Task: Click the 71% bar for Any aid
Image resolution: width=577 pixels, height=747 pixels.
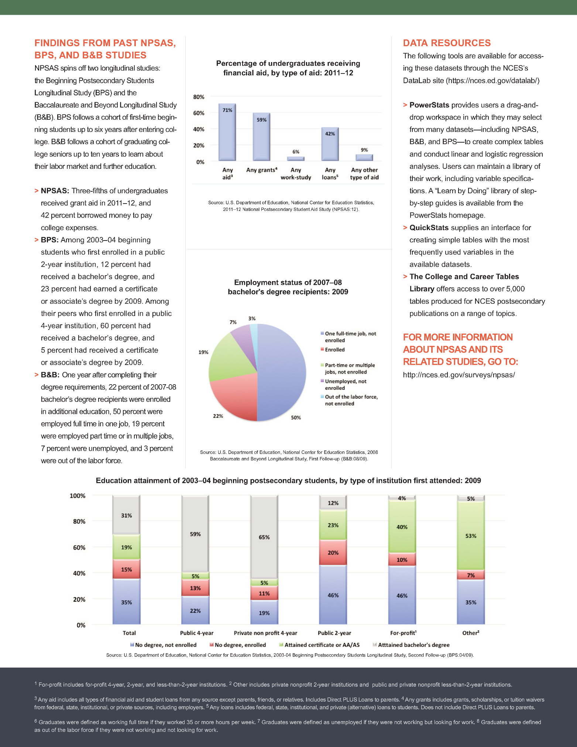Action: [227, 133]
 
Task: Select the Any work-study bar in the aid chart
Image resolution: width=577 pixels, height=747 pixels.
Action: [296, 158]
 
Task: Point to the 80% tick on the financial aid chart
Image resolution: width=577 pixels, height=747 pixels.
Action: [199, 97]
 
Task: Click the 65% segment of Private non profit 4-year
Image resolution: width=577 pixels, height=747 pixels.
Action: [264, 537]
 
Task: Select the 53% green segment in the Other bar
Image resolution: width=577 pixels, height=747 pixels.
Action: [471, 536]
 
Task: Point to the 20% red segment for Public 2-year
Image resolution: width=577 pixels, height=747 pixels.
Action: [333, 553]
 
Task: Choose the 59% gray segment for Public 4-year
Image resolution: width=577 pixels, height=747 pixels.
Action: [195, 534]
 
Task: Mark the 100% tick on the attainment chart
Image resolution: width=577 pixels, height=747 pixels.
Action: [78, 496]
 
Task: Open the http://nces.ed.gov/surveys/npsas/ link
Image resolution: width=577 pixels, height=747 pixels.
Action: [459, 375]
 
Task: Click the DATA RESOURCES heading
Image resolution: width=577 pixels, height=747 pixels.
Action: [447, 43]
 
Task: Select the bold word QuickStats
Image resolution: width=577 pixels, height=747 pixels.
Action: [429, 228]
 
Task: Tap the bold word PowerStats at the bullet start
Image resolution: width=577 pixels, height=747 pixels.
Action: [429, 105]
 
